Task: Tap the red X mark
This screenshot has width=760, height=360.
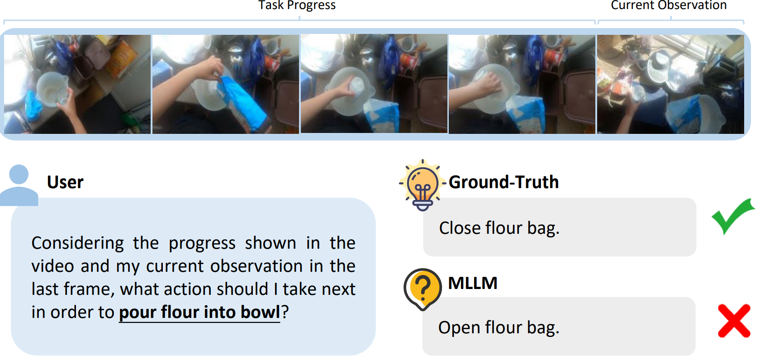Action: pos(734,321)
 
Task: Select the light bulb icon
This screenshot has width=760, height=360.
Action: pos(423,185)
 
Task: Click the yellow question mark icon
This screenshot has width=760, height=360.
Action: pos(423,289)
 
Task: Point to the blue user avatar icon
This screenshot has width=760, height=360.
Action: pos(19,185)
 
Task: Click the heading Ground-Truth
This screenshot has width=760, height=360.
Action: pos(503,182)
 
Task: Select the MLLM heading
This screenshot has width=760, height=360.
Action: pos(473,283)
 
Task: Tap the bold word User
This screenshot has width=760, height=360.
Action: pos(65,182)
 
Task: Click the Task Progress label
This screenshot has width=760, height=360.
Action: pos(297,5)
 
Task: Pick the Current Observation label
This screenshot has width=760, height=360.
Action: pos(669,5)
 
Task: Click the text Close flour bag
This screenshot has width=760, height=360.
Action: pos(499,227)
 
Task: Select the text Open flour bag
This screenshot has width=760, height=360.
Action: pos(499,327)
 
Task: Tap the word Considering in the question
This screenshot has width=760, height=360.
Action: pos(78,243)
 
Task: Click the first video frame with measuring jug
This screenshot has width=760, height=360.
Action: pos(77,84)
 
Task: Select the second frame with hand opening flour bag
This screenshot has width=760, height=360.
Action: pos(226,84)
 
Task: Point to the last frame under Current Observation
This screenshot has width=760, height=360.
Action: pos(671,84)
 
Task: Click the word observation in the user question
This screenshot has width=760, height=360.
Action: pos(256,266)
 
